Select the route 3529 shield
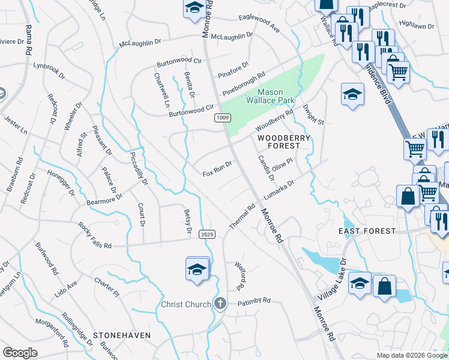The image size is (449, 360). click(208, 235)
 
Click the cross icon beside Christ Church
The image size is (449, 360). click(220, 304)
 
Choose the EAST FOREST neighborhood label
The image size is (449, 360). click(367, 231)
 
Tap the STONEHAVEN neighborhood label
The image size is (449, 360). click(121, 335)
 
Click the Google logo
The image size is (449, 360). click(20, 352)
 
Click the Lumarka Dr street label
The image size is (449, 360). click(279, 190)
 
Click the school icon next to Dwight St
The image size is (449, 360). click(352, 94)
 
